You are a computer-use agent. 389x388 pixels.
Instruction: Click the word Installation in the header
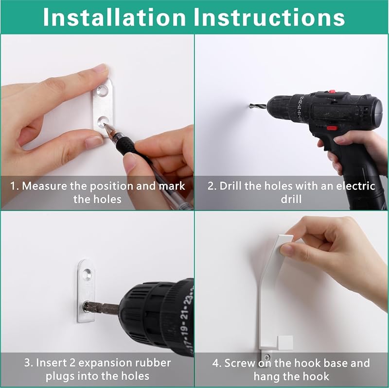pos(114,17)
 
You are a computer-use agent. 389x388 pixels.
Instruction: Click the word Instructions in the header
pos(269,17)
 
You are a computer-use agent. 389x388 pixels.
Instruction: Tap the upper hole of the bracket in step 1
pos(103,90)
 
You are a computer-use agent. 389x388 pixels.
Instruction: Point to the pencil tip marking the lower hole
pos(106,125)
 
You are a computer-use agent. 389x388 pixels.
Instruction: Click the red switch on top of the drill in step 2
pos(332,92)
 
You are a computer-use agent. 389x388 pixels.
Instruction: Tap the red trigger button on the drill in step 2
pos(332,128)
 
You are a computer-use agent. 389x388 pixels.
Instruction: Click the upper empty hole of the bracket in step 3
pos(87,274)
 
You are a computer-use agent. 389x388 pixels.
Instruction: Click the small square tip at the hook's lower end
pos(285,343)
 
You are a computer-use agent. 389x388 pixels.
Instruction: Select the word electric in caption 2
pos(355,186)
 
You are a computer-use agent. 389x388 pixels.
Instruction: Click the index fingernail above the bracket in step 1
pos(100,68)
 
